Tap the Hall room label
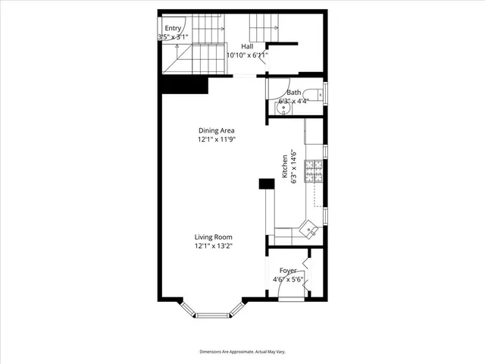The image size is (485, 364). tap(248, 45)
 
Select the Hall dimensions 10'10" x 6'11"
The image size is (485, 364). tap(248, 55)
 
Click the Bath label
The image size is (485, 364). tap(293, 93)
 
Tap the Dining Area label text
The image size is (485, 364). tap(217, 130)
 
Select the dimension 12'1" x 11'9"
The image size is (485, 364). tap(217, 140)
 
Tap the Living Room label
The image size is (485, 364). tap(213, 237)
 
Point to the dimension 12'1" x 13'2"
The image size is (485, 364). tap(213, 246)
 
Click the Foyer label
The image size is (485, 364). tap(288, 270)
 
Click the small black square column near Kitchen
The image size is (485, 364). tap(266, 184)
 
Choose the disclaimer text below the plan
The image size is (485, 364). tap(242, 352)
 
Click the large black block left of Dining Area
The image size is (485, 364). tap(184, 85)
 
